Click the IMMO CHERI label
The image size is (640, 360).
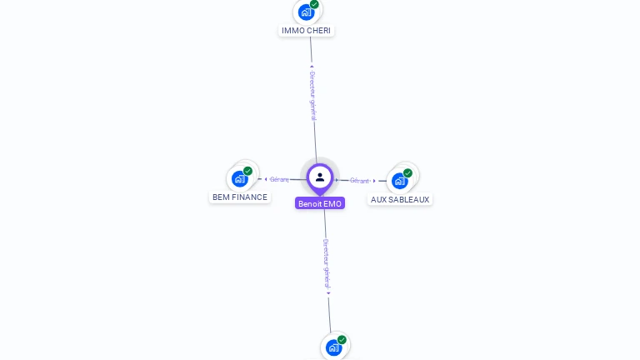point(306,31)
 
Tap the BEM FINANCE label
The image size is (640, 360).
point(240,197)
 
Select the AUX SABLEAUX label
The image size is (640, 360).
point(400,200)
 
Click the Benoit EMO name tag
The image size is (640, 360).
point(320,203)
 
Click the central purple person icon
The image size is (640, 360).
point(320,177)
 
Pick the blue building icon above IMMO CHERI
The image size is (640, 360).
point(306,12)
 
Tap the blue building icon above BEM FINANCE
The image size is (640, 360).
point(240,178)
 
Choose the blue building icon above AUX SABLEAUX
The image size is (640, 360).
point(400,181)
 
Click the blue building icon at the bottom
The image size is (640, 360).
point(333,347)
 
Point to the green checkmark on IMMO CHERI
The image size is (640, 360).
point(314,4)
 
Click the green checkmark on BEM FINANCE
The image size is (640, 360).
point(247,171)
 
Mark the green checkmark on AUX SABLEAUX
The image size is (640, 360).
point(407,173)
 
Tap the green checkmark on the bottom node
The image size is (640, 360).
point(342,340)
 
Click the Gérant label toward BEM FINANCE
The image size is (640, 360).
point(279,179)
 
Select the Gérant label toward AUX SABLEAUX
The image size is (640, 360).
point(359,180)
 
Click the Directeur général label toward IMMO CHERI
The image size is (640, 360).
point(312,96)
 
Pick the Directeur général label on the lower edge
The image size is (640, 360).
point(327,263)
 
